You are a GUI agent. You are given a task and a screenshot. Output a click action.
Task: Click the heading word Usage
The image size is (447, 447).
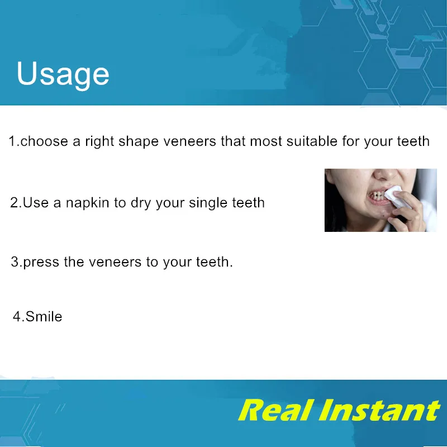coord(63,74)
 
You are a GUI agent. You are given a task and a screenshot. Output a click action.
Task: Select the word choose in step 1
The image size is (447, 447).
coord(45,141)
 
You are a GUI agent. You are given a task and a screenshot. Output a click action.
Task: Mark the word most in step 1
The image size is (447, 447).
coord(267,141)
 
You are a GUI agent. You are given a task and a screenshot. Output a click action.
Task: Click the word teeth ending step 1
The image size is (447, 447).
coord(413,141)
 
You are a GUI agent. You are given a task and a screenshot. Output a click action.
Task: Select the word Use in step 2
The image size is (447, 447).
coord(36,202)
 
